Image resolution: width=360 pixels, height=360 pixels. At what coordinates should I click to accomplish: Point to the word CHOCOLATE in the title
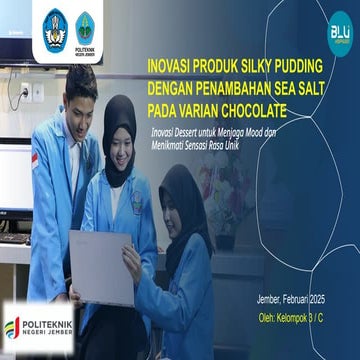251,107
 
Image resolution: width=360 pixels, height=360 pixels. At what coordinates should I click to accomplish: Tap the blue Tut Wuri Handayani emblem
54,26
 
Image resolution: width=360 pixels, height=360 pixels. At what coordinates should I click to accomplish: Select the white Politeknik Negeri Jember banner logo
38,326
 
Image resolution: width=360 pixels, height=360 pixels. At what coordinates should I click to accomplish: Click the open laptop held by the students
100,264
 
